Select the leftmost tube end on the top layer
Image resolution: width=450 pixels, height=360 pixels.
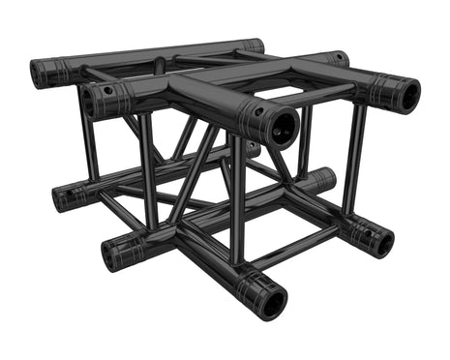point(41,73)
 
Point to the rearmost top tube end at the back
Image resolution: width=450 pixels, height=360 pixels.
point(254,45)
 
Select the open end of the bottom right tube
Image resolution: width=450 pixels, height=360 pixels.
point(380,242)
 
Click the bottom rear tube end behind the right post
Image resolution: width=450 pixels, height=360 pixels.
point(323,179)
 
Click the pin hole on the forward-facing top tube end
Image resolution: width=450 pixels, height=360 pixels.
point(258,110)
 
